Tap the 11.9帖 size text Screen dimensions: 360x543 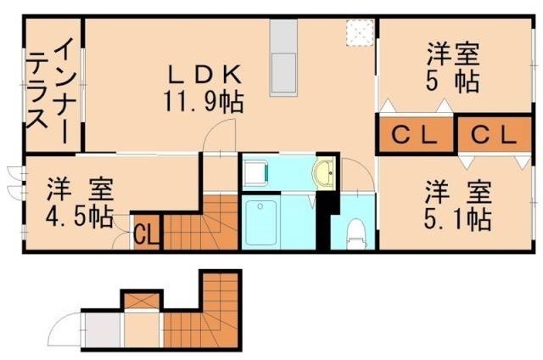204,103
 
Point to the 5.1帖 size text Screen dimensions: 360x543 457,219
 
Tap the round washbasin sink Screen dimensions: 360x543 324,174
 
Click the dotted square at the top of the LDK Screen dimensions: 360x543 357,32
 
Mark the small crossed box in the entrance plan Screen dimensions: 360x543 141,301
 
